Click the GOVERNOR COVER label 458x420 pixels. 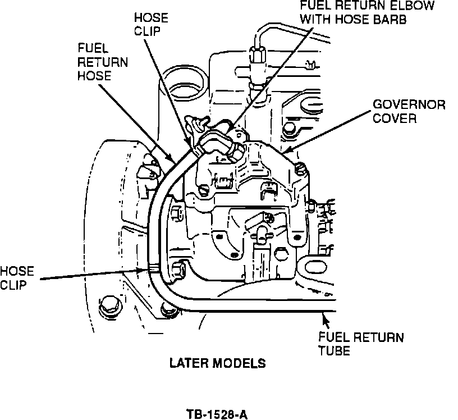[x=409, y=111]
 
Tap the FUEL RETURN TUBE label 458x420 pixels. [x=361, y=344]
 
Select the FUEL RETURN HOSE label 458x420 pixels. [x=103, y=62]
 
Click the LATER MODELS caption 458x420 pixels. [x=218, y=363]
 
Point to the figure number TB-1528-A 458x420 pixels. [x=217, y=414]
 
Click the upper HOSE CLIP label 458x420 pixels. [x=151, y=24]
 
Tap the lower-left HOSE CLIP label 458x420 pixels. [x=17, y=278]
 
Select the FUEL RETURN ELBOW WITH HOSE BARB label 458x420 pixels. [x=367, y=12]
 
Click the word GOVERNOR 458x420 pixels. [x=409, y=104]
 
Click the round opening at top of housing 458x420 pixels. [x=184, y=84]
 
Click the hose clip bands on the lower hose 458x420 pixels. [x=154, y=267]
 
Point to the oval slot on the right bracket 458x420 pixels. [x=316, y=267]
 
